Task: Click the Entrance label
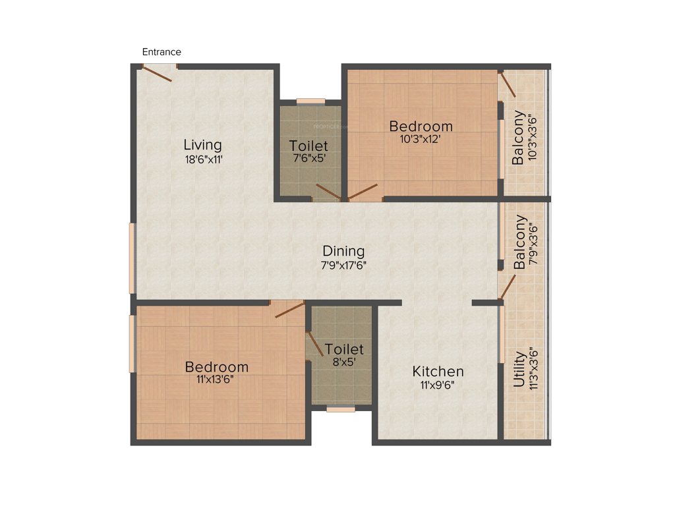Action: coord(161,52)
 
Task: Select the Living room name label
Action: coord(202,144)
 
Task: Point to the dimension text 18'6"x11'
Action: coord(202,159)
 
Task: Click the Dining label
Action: coord(343,251)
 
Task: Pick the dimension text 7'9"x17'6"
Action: coord(343,266)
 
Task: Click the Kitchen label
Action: coord(438,371)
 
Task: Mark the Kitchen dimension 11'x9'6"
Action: coord(438,385)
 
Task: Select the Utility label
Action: coord(520,369)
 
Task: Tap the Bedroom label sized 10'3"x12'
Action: coord(421,126)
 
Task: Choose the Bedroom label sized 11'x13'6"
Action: coord(216,367)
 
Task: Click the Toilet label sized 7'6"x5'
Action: coord(308,146)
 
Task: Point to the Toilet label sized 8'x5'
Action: coord(344,349)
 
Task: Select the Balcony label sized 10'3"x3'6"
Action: coord(519,138)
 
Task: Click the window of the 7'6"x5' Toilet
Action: coord(310,101)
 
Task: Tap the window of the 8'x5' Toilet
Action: coord(341,409)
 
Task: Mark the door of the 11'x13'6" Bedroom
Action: coord(289,309)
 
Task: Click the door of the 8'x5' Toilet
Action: coord(316,342)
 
